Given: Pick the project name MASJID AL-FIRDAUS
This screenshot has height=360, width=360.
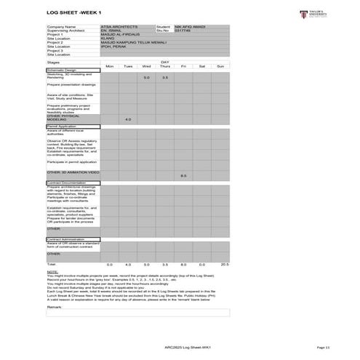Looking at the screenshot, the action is coord(121,35).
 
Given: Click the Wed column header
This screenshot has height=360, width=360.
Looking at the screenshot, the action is coord(146,66).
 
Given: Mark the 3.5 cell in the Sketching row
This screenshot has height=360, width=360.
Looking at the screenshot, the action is coord(165,77).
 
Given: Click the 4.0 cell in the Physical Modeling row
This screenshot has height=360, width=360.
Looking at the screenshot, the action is coord(128,119).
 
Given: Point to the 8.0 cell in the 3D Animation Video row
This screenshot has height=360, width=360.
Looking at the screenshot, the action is coord(183,176).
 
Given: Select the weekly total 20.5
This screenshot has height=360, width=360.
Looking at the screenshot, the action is coord(225,264).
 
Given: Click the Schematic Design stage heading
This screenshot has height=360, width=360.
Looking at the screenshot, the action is coord(61,70).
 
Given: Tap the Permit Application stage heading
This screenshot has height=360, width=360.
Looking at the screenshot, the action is coord(62,126).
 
